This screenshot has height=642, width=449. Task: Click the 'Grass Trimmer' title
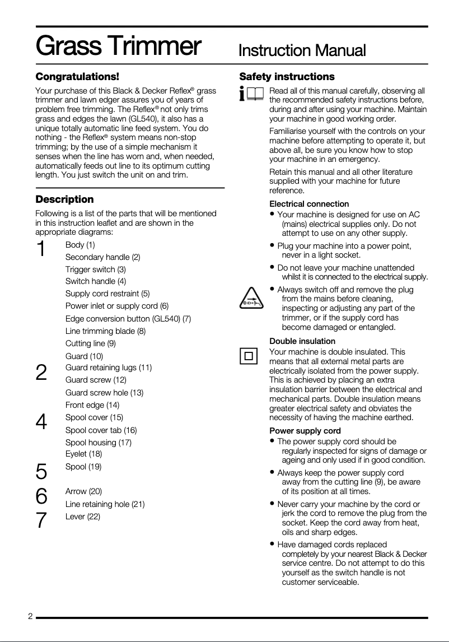click(118, 46)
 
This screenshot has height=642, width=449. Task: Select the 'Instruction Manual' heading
click(302, 50)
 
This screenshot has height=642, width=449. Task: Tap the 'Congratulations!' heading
click(77, 76)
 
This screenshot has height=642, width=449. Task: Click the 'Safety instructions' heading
click(287, 76)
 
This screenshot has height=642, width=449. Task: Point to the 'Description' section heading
click(64, 199)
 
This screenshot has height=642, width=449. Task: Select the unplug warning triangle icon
click(251, 297)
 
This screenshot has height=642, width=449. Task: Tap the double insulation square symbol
click(249, 356)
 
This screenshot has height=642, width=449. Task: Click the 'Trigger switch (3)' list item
click(95, 269)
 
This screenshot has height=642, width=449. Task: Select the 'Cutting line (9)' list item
click(91, 343)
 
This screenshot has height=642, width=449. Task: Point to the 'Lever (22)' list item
click(83, 517)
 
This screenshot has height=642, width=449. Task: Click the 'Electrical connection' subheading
click(309, 204)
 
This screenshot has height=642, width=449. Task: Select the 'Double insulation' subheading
click(302, 341)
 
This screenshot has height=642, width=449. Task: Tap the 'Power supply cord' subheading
click(305, 431)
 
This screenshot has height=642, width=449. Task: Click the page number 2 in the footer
click(31, 617)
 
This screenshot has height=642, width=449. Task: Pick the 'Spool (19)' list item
click(83, 467)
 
